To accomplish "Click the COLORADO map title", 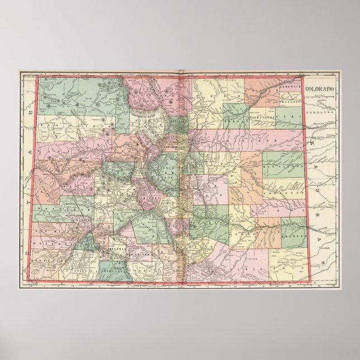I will pos(323,88).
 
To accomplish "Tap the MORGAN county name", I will pos(235,119).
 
